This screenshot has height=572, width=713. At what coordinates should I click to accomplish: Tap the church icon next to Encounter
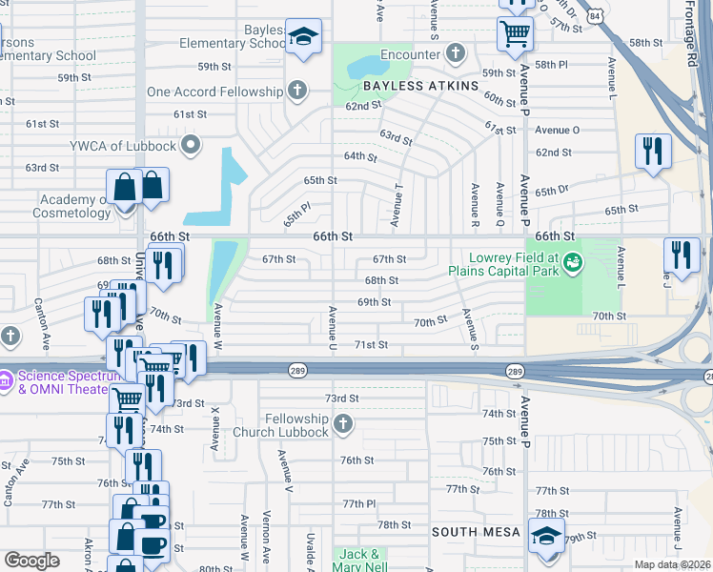(456, 52)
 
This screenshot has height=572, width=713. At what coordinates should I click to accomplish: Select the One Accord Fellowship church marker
(297, 92)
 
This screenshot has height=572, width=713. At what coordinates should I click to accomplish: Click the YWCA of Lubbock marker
(192, 145)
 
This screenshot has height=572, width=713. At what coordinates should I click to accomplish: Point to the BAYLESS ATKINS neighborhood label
(419, 86)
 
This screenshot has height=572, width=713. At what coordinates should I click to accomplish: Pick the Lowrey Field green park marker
(572, 261)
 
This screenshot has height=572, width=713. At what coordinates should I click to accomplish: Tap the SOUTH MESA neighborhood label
(477, 531)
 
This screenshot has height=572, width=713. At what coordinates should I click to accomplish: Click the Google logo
(31, 561)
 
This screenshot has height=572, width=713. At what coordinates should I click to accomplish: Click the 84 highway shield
(595, 16)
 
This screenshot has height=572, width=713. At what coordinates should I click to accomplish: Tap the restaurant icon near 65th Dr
(653, 152)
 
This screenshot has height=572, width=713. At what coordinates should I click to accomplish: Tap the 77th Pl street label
(361, 503)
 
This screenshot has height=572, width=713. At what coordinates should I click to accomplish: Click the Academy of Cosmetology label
(75, 206)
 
